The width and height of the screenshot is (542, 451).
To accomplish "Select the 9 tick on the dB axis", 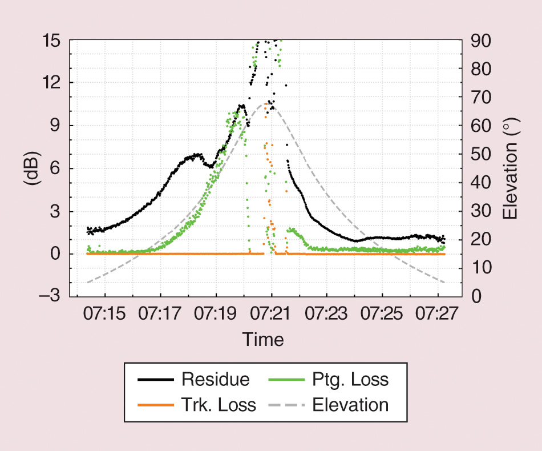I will [x=57, y=126].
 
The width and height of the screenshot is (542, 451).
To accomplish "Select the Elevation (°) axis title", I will [x=511, y=169].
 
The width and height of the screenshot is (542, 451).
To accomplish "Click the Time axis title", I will [x=263, y=340].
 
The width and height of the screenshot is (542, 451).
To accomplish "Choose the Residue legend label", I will [x=215, y=380].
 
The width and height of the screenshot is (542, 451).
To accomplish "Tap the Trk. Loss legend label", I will [x=219, y=405].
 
